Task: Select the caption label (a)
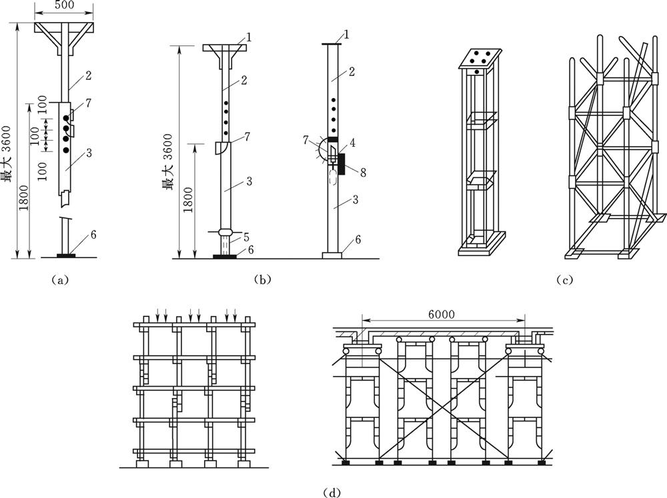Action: pos(60,280)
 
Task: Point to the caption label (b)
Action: pos(262,280)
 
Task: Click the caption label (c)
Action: pos(565,280)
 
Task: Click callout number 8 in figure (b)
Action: pos(363,171)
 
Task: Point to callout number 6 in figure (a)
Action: pos(94,234)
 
